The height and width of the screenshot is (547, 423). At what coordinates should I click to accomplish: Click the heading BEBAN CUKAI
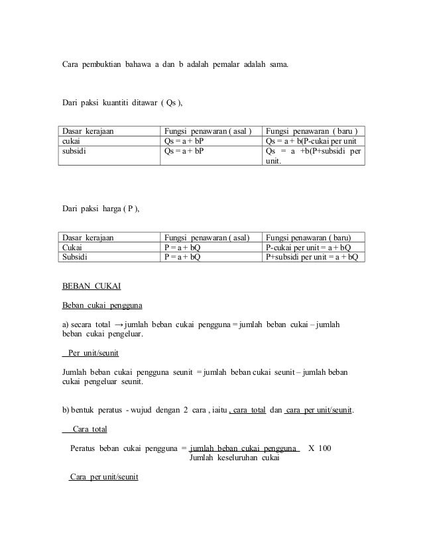click(x=91, y=287)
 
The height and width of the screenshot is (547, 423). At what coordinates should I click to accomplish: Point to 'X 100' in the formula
click(x=320, y=448)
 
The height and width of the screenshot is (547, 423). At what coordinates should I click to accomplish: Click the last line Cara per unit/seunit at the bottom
click(x=103, y=477)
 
